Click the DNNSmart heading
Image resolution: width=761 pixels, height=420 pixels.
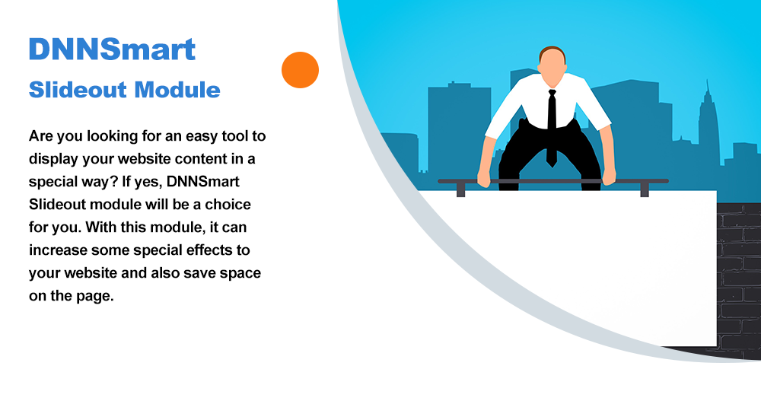112,49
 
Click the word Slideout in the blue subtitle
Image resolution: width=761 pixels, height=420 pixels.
78,90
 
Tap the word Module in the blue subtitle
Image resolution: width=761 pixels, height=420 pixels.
177,90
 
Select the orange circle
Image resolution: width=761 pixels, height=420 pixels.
300,70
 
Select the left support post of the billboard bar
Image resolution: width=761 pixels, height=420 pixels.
461,189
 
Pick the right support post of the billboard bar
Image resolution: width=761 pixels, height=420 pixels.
645,189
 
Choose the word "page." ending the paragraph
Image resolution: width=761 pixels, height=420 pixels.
93,296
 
